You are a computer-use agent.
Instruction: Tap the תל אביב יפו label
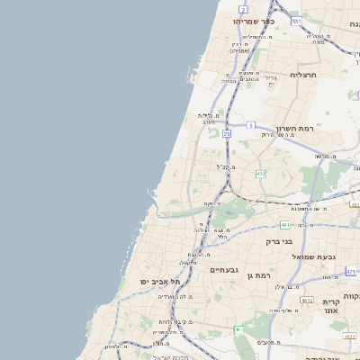coord(156,282)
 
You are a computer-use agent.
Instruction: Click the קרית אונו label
coord(330,308)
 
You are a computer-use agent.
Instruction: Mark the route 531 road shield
coord(296,20)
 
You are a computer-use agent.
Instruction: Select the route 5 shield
coord(251,124)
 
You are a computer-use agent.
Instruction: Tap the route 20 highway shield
coord(227,133)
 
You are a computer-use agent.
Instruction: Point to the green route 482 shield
coord(260,173)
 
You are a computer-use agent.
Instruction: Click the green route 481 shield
coord(284,224)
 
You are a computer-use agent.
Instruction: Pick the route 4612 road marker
coord(307,301)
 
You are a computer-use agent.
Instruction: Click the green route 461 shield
coord(238,330)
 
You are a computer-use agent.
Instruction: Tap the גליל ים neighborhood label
coord(273,78)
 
